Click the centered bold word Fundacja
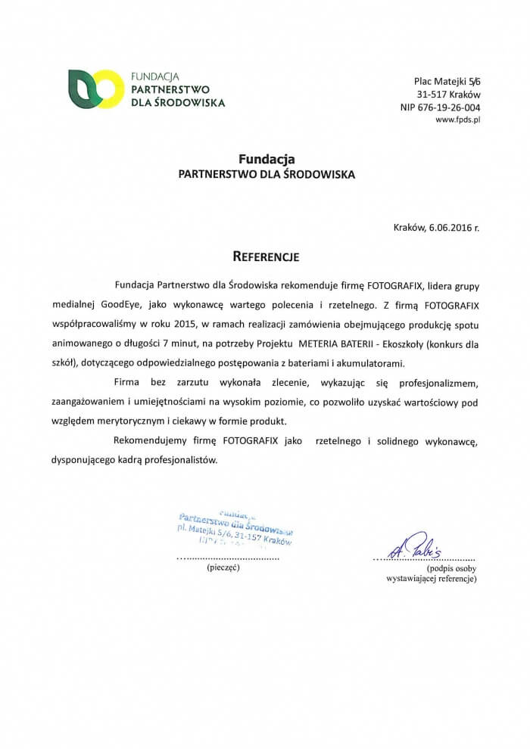[266, 159]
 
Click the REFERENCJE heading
[266, 256]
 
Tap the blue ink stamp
[233, 528]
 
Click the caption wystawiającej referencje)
[431, 579]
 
